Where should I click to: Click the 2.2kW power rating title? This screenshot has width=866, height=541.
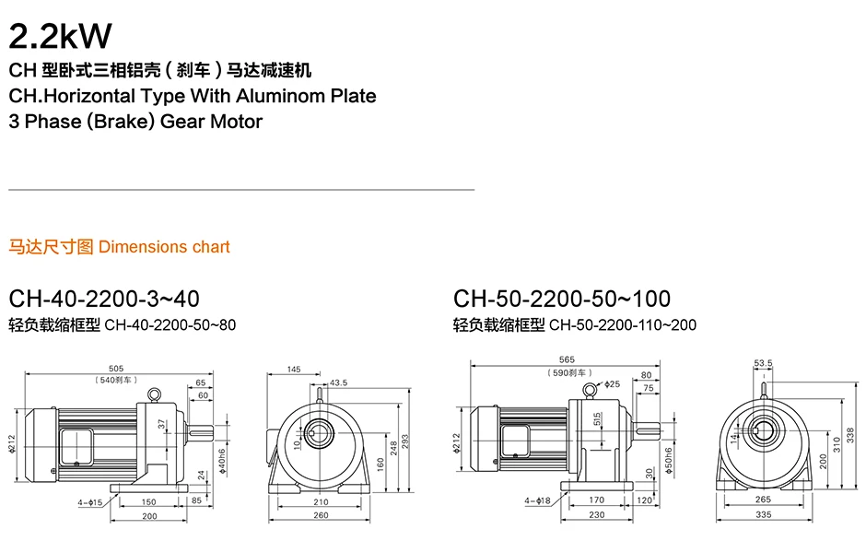60,35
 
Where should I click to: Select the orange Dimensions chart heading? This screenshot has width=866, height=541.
164,247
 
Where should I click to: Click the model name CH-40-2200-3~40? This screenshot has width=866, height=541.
103,299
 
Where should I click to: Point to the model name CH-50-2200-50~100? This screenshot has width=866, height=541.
562,299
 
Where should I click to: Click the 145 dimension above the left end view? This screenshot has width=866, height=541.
294,370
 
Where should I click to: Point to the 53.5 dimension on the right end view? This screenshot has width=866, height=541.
763,364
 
